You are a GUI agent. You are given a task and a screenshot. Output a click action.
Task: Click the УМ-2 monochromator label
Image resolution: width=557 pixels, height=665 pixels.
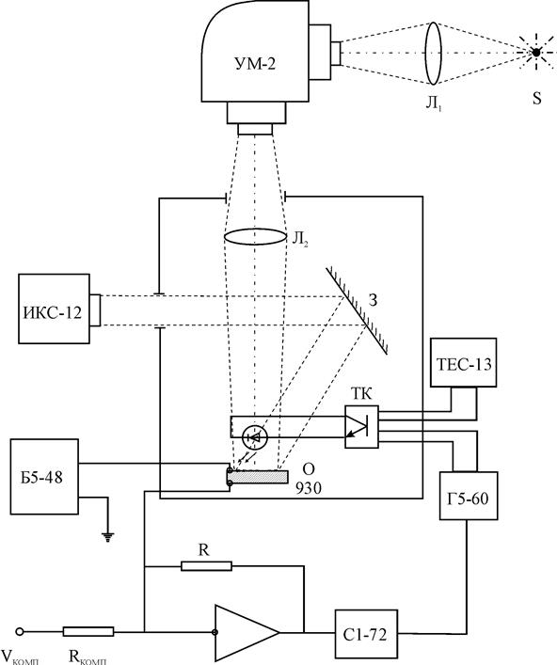coord(254,64)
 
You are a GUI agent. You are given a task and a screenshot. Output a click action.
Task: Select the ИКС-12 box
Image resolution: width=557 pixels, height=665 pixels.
coord(54,309)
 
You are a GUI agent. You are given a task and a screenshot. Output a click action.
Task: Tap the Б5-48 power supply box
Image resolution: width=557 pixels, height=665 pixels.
coord(44,477)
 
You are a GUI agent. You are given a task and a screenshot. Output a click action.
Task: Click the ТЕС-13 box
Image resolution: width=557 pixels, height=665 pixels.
coord(463,363)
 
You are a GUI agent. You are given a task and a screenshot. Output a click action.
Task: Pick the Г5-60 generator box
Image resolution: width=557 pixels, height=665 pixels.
coord(469,496)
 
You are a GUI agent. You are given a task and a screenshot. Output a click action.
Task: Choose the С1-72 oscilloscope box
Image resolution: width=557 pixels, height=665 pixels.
coord(366,635)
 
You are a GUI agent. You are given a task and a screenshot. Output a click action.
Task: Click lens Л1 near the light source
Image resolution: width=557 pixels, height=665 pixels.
coord(433,54)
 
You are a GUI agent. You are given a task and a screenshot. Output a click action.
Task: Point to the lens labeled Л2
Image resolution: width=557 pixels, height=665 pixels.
coord(255,237)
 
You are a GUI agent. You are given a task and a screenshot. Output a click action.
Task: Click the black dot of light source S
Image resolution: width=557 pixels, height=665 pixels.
coord(536,53)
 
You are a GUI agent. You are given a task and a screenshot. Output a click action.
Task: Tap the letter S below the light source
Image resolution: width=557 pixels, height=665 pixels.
coord(537,99)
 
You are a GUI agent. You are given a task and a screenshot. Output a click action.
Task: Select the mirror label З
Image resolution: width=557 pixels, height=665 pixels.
coord(373,300)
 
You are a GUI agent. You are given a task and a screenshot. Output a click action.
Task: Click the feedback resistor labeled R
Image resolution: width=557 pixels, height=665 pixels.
coord(207,565)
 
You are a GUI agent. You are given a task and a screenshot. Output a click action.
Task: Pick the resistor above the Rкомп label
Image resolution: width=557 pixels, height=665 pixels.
coord(88,631)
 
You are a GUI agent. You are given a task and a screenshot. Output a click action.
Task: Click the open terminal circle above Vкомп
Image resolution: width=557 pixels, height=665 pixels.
coord(19,631)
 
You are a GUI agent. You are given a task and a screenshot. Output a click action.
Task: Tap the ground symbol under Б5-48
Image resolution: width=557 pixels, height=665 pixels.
coord(108,537)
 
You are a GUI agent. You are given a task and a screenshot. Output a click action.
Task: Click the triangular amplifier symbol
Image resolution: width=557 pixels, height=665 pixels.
coord(247,633)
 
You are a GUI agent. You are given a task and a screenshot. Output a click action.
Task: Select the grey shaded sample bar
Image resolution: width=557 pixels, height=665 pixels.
coord(259,477)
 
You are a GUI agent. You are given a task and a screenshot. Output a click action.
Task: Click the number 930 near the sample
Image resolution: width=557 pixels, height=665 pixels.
coord(309,488)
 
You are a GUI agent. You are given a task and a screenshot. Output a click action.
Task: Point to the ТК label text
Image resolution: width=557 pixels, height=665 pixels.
coord(361,394)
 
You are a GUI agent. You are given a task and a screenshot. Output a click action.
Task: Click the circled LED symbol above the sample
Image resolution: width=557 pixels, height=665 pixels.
coord(255,438)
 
